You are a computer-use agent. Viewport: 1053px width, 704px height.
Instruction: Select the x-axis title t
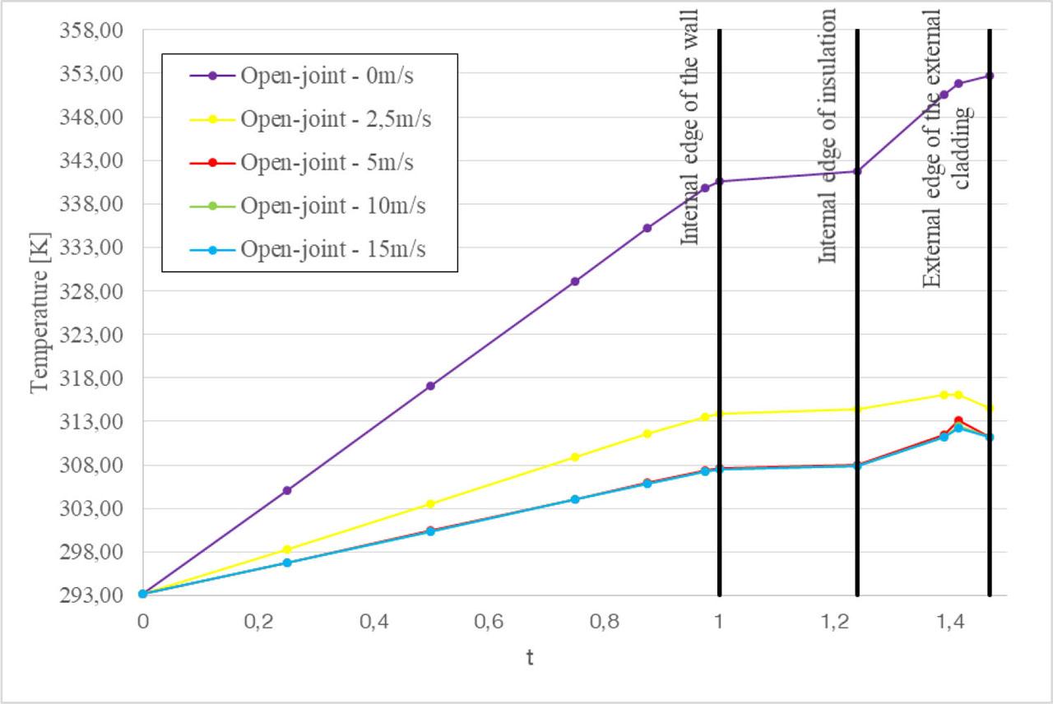click(530, 659)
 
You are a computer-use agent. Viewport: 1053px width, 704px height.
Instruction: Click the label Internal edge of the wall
click(689, 127)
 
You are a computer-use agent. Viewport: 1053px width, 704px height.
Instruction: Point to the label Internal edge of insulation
click(827, 137)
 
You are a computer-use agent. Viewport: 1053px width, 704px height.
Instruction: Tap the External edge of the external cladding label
click(945, 148)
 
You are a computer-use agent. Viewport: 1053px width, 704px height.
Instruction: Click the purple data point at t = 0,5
click(430, 386)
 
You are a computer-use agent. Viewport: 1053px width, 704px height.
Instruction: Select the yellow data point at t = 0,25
click(287, 549)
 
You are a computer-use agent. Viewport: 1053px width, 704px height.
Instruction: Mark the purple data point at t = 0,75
click(575, 281)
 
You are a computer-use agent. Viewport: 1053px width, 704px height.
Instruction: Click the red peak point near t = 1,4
click(958, 420)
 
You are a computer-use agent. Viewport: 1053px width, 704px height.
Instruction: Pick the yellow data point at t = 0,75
click(575, 457)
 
